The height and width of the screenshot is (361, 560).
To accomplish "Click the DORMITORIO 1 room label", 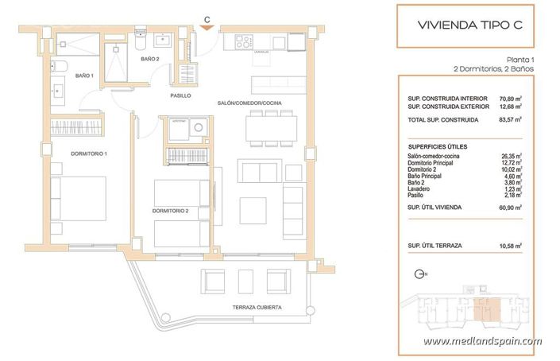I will [68, 153].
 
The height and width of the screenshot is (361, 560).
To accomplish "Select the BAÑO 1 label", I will [84, 76].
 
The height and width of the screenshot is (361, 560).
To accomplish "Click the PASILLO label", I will [181, 96].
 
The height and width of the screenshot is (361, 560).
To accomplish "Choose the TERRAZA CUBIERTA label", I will [257, 307].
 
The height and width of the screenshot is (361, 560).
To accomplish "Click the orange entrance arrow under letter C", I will [207, 28].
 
